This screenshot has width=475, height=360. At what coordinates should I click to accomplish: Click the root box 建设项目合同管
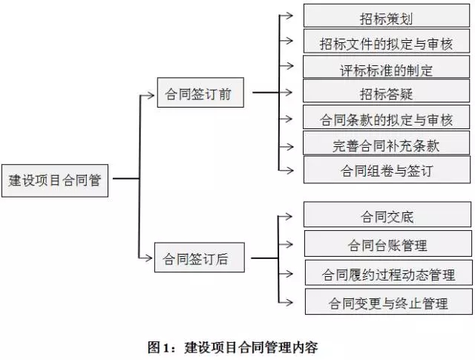pos(55,180)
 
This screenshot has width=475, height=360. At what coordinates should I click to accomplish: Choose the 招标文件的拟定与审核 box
pos(387,43)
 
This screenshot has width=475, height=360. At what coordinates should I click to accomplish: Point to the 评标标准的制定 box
pos(387,70)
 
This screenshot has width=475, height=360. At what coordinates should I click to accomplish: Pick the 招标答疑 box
pos(387,94)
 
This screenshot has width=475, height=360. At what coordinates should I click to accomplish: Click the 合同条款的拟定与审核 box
pos(387,119)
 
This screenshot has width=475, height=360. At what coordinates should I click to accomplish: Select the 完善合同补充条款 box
pos(387,145)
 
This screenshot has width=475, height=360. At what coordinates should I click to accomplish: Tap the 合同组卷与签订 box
pos(387,170)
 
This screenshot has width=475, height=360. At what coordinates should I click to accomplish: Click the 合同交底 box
pos(387,217)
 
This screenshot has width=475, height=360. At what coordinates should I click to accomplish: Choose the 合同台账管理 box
pos(387,244)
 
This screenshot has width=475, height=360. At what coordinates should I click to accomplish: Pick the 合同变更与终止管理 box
pos(387,302)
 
